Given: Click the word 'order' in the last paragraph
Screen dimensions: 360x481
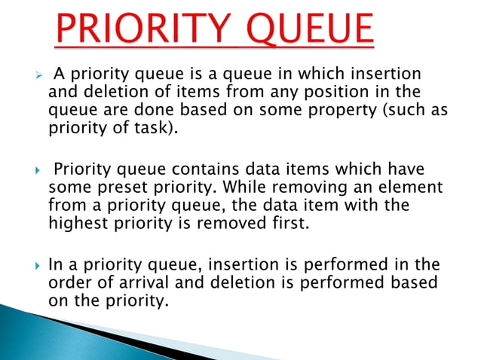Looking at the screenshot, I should point(68,282).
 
